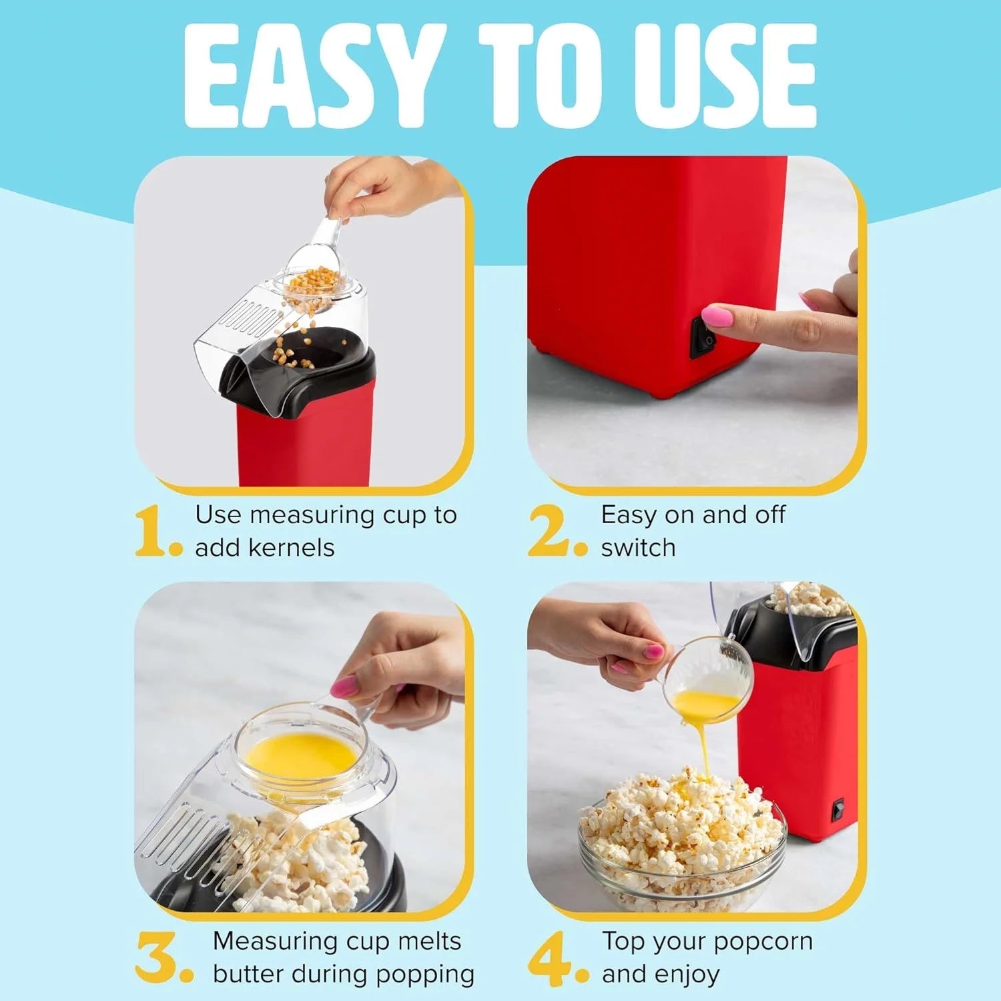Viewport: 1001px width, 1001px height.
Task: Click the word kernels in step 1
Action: pyautogui.click(x=291, y=548)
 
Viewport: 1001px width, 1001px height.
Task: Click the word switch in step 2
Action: pyautogui.click(x=638, y=548)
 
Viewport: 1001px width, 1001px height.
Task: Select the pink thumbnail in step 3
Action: pyautogui.click(x=345, y=686)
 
